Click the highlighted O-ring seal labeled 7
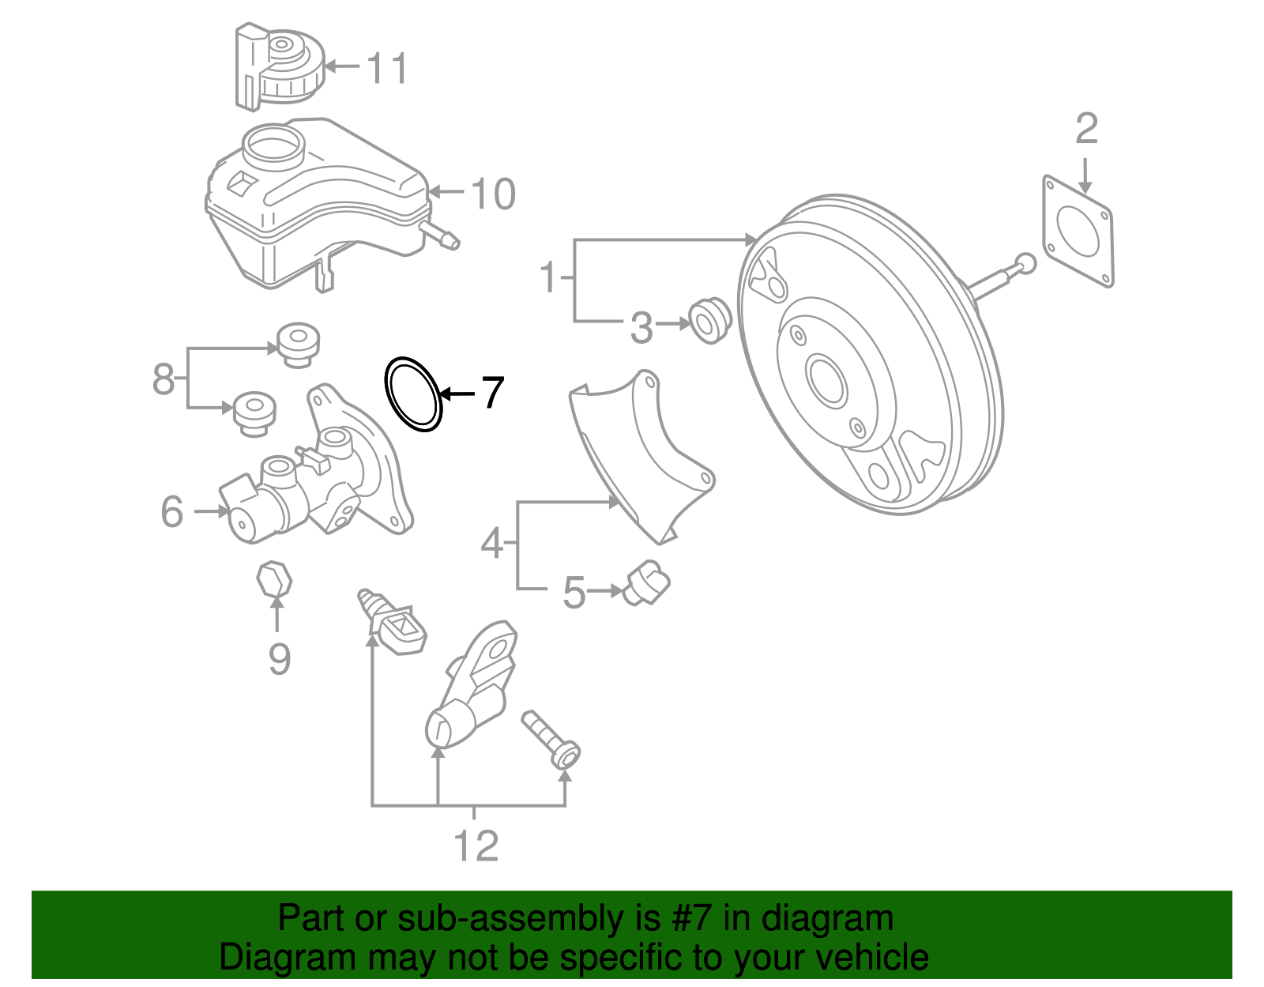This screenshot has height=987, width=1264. [x=412, y=394]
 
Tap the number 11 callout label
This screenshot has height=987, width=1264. [x=387, y=68]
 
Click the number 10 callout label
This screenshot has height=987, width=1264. [x=493, y=194]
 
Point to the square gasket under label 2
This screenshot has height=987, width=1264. [x=1078, y=230]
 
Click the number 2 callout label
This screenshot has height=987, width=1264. [x=1086, y=128]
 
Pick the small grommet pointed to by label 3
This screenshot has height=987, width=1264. [x=710, y=319]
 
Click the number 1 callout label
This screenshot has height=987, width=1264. [x=548, y=278]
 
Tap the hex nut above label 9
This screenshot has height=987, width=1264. [x=274, y=581]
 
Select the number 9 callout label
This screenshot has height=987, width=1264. [x=279, y=658]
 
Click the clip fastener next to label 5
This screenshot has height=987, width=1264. [x=648, y=586]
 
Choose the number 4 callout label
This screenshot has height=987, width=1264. [x=491, y=544]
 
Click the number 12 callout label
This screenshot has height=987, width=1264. [x=476, y=846]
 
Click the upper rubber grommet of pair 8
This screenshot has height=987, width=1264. [x=298, y=345]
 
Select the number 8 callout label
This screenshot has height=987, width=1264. [x=164, y=379]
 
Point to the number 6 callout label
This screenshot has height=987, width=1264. [x=171, y=512]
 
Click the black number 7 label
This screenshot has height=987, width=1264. [x=492, y=392]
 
